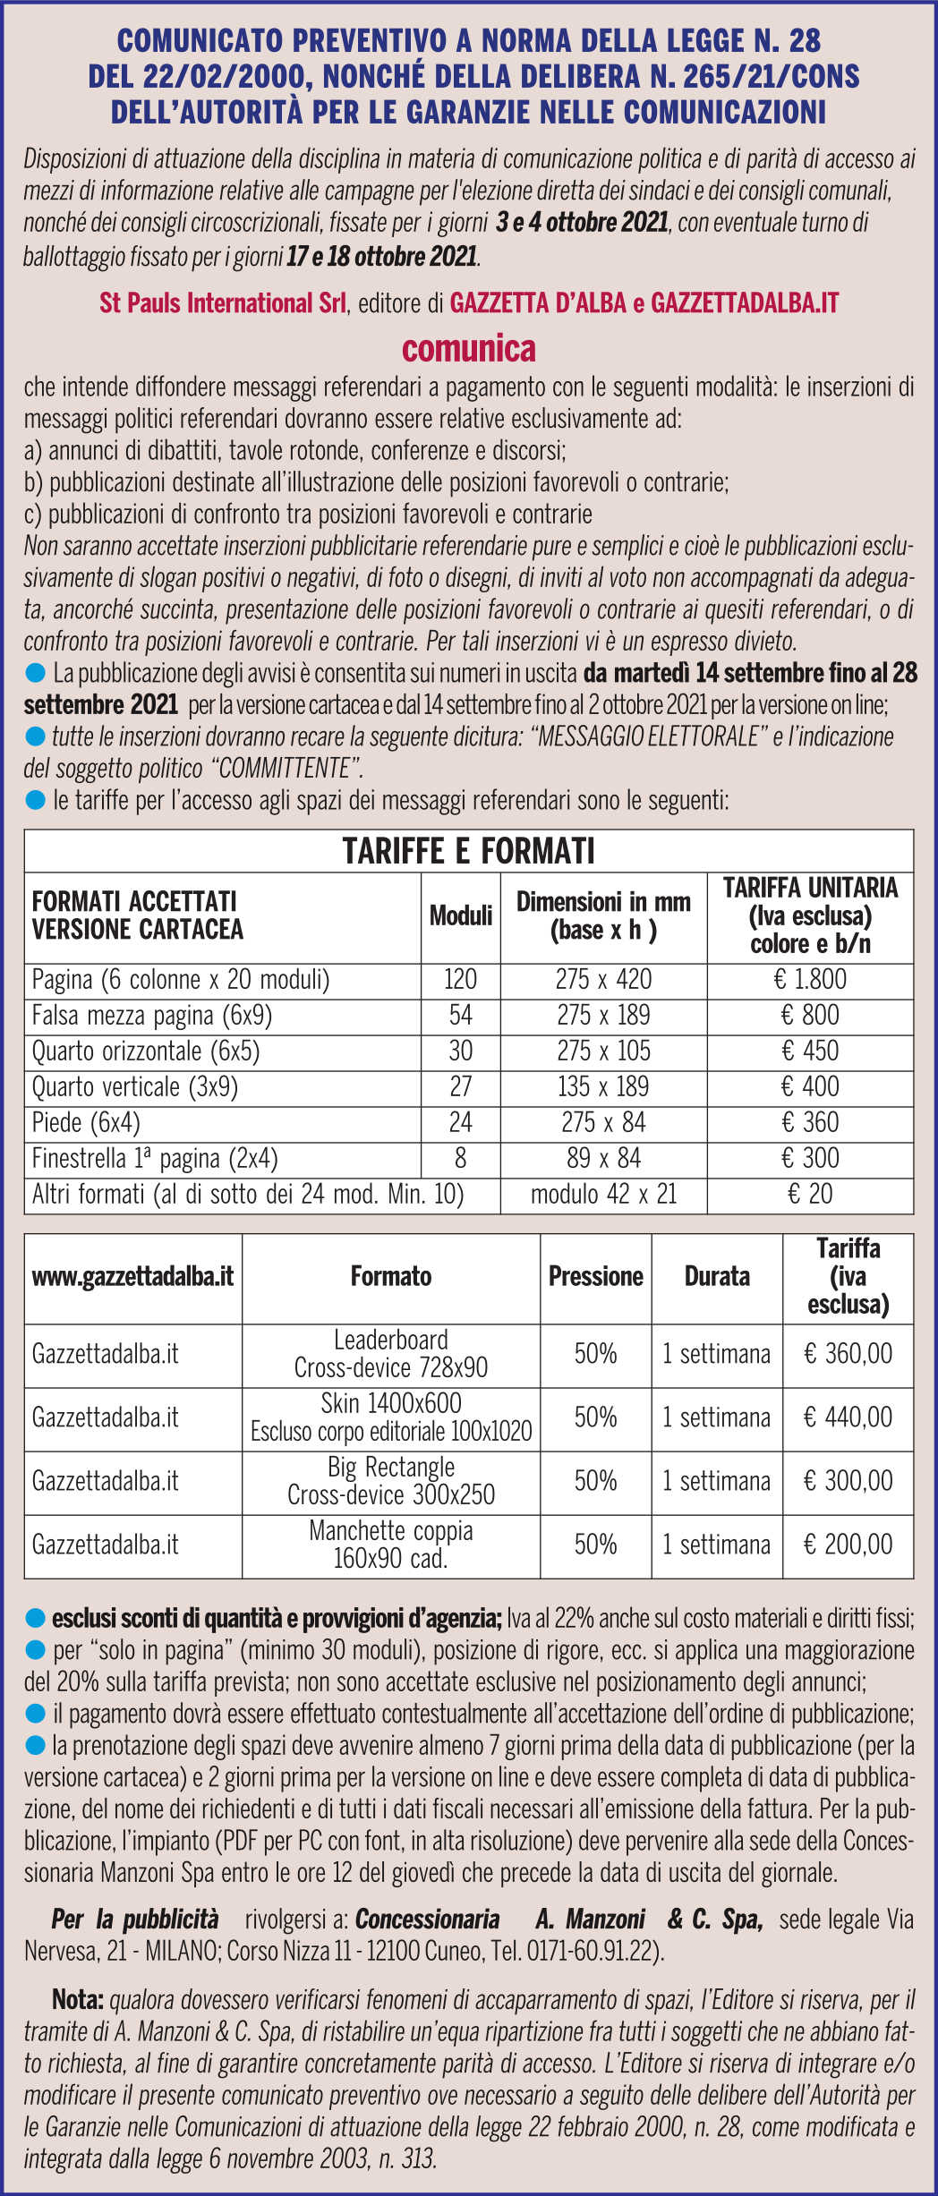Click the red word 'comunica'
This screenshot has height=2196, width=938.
(x=469, y=348)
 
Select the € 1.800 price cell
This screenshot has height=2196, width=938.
(x=809, y=980)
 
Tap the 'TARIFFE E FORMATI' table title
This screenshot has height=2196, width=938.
(x=468, y=851)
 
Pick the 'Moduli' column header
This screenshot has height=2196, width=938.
(x=460, y=915)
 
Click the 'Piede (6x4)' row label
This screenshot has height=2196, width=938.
(x=86, y=1123)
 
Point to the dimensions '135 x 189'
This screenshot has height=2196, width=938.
(x=603, y=1087)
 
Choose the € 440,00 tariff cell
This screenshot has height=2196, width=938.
(x=848, y=1417)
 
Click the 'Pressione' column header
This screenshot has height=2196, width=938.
(x=595, y=1277)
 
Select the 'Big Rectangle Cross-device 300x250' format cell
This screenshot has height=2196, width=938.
(x=391, y=1481)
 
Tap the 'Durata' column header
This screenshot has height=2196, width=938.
(x=717, y=1277)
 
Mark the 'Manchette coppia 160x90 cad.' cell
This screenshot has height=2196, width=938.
(x=391, y=1545)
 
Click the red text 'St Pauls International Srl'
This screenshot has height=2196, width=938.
(x=222, y=303)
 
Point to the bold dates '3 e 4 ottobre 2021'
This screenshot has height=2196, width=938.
(x=582, y=223)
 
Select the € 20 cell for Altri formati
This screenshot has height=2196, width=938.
(x=809, y=1195)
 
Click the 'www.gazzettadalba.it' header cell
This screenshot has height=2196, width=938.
(x=132, y=1277)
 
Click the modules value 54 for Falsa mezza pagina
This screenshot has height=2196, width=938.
(x=460, y=1016)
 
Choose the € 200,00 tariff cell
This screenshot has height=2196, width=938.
(x=848, y=1545)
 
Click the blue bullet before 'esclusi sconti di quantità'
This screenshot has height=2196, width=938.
(x=36, y=1618)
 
